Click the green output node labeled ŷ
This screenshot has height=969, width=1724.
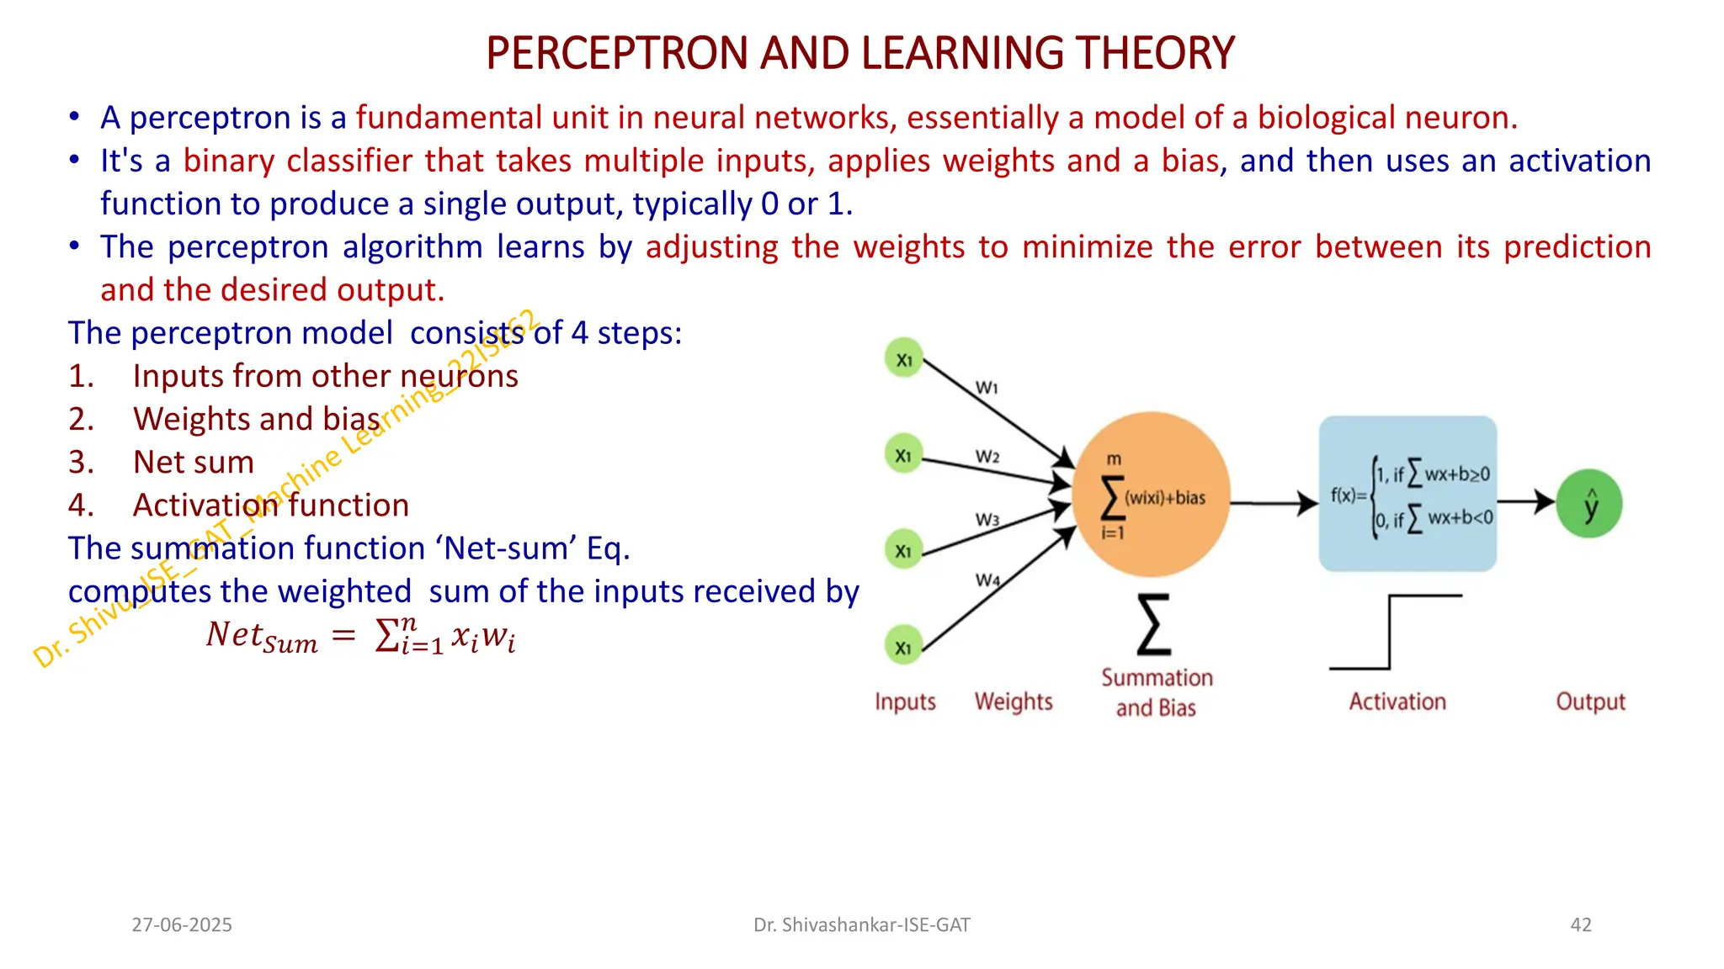coord(1589,504)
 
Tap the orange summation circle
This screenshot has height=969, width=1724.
coord(1151,495)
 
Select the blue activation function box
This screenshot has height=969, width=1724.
coord(1407,494)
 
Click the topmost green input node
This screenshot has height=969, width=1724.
coord(904,359)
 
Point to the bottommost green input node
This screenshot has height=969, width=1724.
coord(903,648)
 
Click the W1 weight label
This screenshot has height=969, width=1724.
coord(987,388)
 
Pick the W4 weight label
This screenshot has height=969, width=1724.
coord(987,580)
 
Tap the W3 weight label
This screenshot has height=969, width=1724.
coord(987,520)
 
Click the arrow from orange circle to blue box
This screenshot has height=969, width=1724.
coord(1274,503)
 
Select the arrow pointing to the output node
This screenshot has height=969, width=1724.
coord(1525,502)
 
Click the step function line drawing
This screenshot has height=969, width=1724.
coord(1391,633)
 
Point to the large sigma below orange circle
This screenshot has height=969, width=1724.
coord(1153,624)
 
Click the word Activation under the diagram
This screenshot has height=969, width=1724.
coord(1397,702)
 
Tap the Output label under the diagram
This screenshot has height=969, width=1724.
coord(1590,702)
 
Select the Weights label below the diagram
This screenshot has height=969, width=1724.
coord(1014,702)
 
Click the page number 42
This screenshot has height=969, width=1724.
coord(1581,924)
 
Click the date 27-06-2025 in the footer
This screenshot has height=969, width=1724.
coord(182,924)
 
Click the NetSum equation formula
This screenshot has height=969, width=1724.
coord(360,637)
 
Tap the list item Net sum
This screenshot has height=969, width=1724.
coord(194,462)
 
